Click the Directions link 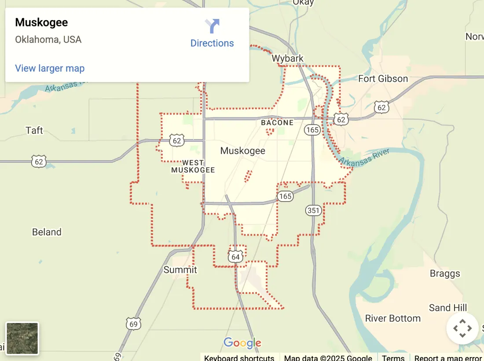pyautogui.click(x=212, y=43)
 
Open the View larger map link pyautogui.click(x=50, y=68)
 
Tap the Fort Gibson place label pyautogui.click(x=383, y=79)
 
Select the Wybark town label pyautogui.click(x=287, y=59)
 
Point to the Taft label pyautogui.click(x=34, y=130)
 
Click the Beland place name pyautogui.click(x=47, y=232)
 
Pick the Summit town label pyautogui.click(x=180, y=269)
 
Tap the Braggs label pyautogui.click(x=445, y=273)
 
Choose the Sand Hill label pyautogui.click(x=448, y=308)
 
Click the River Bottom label pyautogui.click(x=393, y=318)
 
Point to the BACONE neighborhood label pyautogui.click(x=277, y=122)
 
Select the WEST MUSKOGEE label pyautogui.click(x=193, y=166)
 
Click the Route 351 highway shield pyautogui.click(x=313, y=210)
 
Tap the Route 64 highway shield pyautogui.click(x=236, y=257)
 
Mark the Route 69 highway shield pyautogui.click(x=133, y=324)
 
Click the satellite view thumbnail pyautogui.click(x=22, y=338)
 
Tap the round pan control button pyautogui.click(x=462, y=328)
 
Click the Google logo pyautogui.click(x=242, y=343)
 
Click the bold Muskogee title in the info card pyautogui.click(x=41, y=22)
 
